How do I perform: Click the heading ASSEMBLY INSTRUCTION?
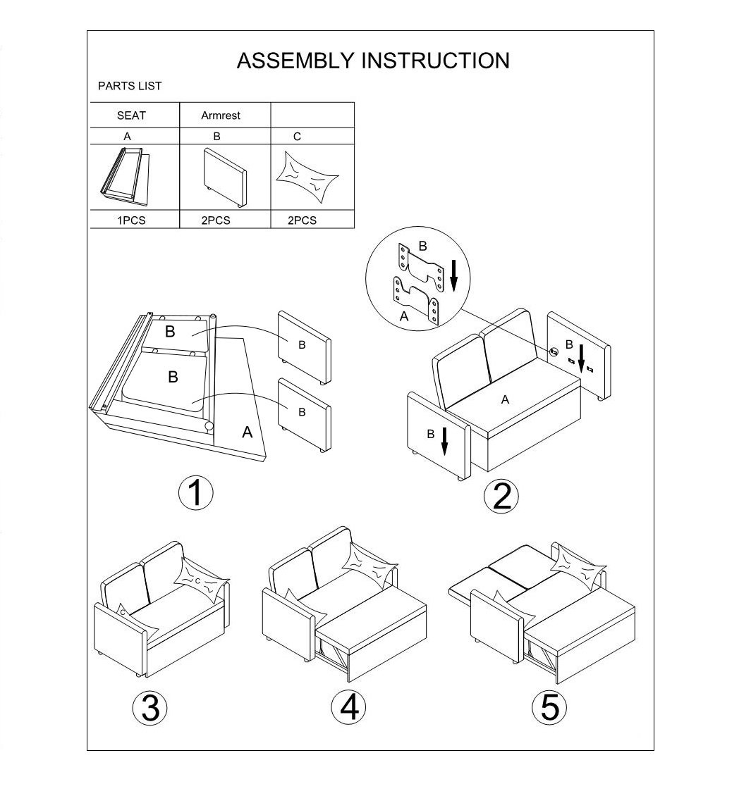373,61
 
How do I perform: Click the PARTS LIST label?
130,86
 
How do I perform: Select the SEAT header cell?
131,116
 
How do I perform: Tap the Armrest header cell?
221,116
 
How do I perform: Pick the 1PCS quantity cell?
131,220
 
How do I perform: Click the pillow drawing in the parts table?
307,177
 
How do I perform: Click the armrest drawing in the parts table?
225,178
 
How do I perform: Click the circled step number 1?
196,492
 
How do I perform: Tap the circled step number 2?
501,497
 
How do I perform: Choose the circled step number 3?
150,707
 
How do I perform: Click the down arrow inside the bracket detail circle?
453,275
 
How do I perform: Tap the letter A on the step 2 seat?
505,400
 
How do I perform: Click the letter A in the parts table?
127,137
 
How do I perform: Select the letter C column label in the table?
297,137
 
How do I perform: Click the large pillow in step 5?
578,568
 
